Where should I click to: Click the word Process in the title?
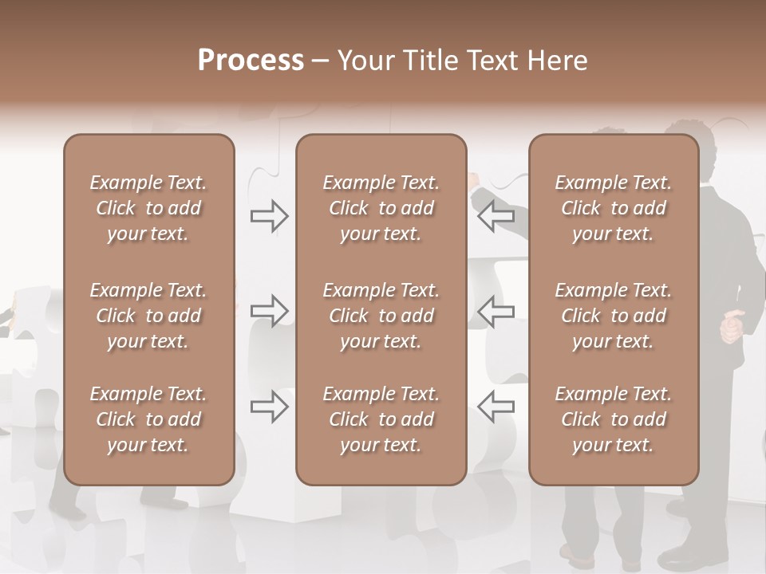(x=251, y=61)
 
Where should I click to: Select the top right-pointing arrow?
(x=270, y=216)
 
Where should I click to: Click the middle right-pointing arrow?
(x=270, y=311)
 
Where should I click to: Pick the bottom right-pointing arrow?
(x=270, y=407)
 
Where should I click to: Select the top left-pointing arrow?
(x=496, y=216)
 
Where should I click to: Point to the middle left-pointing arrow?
(x=496, y=311)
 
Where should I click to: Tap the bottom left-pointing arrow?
(x=496, y=407)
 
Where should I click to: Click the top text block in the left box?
(x=148, y=208)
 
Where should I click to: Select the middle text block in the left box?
(x=148, y=316)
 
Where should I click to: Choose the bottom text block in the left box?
(x=148, y=419)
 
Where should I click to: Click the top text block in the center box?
(x=381, y=208)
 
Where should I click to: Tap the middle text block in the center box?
(x=381, y=316)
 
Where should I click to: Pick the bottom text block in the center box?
(x=381, y=419)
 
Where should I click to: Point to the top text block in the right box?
(x=614, y=208)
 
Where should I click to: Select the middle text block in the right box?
(x=614, y=316)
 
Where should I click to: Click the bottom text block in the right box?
(x=614, y=419)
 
